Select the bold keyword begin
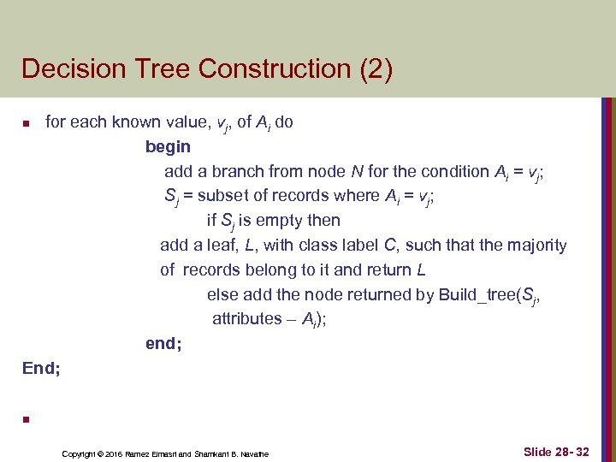click(x=168, y=146)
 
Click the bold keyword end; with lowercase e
click(x=163, y=343)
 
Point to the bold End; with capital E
click(x=41, y=368)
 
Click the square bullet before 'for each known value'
click(x=27, y=124)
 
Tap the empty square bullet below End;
click(x=27, y=419)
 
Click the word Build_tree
click(x=477, y=294)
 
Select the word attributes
click(x=247, y=318)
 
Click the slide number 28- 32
click(x=572, y=451)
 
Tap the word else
click(x=222, y=294)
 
